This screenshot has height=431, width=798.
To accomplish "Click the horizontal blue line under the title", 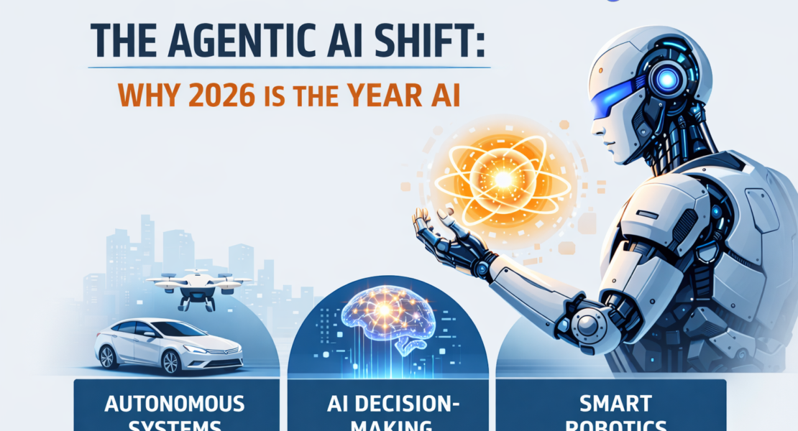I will [288, 68].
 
